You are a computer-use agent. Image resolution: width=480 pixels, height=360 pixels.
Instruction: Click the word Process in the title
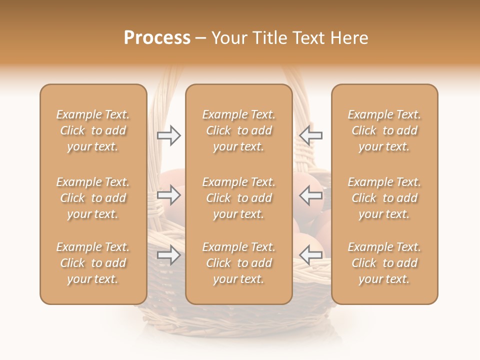157,38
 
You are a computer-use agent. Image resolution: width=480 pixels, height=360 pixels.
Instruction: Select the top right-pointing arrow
169,135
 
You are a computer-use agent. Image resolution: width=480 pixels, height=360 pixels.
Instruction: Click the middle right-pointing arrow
169,195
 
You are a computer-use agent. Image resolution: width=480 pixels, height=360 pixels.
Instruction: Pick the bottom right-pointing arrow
169,255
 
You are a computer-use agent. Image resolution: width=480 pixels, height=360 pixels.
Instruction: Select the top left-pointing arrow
311,135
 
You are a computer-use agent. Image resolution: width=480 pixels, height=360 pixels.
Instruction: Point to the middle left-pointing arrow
311,195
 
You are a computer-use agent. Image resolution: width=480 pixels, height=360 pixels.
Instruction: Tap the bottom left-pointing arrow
311,255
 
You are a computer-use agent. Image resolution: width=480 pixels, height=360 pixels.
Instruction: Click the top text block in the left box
93,130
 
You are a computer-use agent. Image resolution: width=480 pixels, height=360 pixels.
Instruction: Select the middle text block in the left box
93,198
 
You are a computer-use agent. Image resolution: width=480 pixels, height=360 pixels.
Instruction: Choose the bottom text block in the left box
93,263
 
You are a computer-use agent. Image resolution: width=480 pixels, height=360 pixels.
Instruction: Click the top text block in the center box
239,130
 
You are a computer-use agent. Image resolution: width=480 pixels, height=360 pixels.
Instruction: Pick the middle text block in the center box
239,198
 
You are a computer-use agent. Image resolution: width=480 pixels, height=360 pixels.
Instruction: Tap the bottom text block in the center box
239,263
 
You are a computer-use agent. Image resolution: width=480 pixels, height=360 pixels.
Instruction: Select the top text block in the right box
384,130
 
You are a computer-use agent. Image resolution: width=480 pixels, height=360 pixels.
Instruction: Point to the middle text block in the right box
384,198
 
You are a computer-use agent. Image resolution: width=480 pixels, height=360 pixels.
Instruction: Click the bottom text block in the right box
384,263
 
